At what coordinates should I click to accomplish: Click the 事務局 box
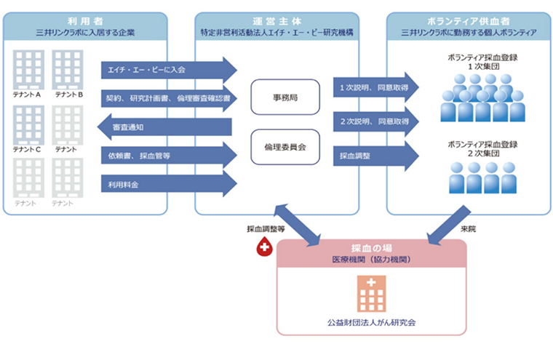285,97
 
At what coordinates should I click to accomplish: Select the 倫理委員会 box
285,147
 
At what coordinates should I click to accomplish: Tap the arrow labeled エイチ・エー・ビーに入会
169,70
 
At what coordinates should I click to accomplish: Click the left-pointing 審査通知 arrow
164,127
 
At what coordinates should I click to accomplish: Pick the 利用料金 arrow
169,184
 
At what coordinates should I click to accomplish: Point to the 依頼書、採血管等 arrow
169,156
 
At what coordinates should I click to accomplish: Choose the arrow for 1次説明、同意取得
376,87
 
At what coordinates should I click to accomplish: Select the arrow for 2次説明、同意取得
376,121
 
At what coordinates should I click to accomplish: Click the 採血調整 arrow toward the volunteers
376,156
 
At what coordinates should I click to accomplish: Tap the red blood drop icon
265,246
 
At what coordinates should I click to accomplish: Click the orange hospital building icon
371,294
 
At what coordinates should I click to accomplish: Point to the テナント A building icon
28,70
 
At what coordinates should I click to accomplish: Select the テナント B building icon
68,70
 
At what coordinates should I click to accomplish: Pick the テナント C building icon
28,125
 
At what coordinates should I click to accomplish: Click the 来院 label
468,229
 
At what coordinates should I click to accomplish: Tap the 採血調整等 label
266,229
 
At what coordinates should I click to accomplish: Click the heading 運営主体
276,21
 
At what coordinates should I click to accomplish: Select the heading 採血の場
371,248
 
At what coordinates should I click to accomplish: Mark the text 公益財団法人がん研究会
371,322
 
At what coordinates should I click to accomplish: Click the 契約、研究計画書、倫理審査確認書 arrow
169,98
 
